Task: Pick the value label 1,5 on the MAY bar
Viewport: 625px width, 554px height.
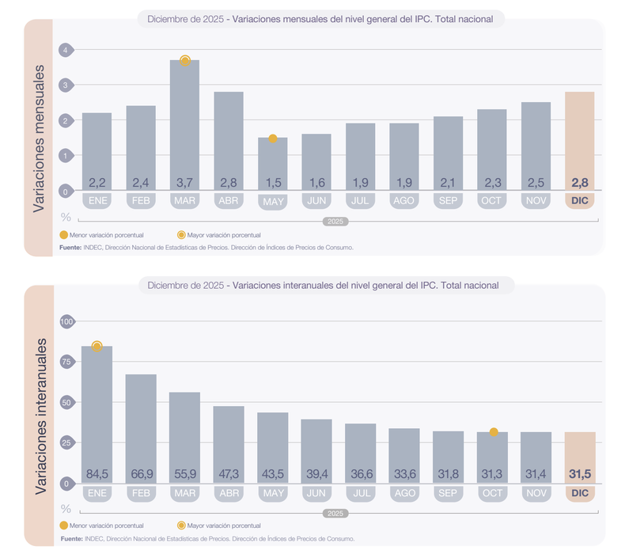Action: click(x=272, y=183)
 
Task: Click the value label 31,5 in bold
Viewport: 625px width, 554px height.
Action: click(x=579, y=474)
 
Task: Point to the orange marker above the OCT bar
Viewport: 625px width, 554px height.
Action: click(x=494, y=432)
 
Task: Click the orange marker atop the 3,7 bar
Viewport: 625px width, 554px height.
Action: click(x=185, y=60)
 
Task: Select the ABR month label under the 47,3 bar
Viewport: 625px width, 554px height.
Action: click(x=229, y=492)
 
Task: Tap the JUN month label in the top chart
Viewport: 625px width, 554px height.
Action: click(x=316, y=201)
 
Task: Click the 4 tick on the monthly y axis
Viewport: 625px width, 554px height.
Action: click(x=65, y=50)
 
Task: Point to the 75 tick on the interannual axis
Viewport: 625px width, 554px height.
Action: click(x=65, y=362)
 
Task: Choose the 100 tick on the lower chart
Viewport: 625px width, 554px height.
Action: click(x=65, y=321)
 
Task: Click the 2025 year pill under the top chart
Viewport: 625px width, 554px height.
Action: click(x=335, y=221)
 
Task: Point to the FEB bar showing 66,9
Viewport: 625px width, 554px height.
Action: click(x=141, y=428)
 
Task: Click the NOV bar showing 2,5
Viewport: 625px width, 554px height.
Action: click(x=536, y=146)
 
